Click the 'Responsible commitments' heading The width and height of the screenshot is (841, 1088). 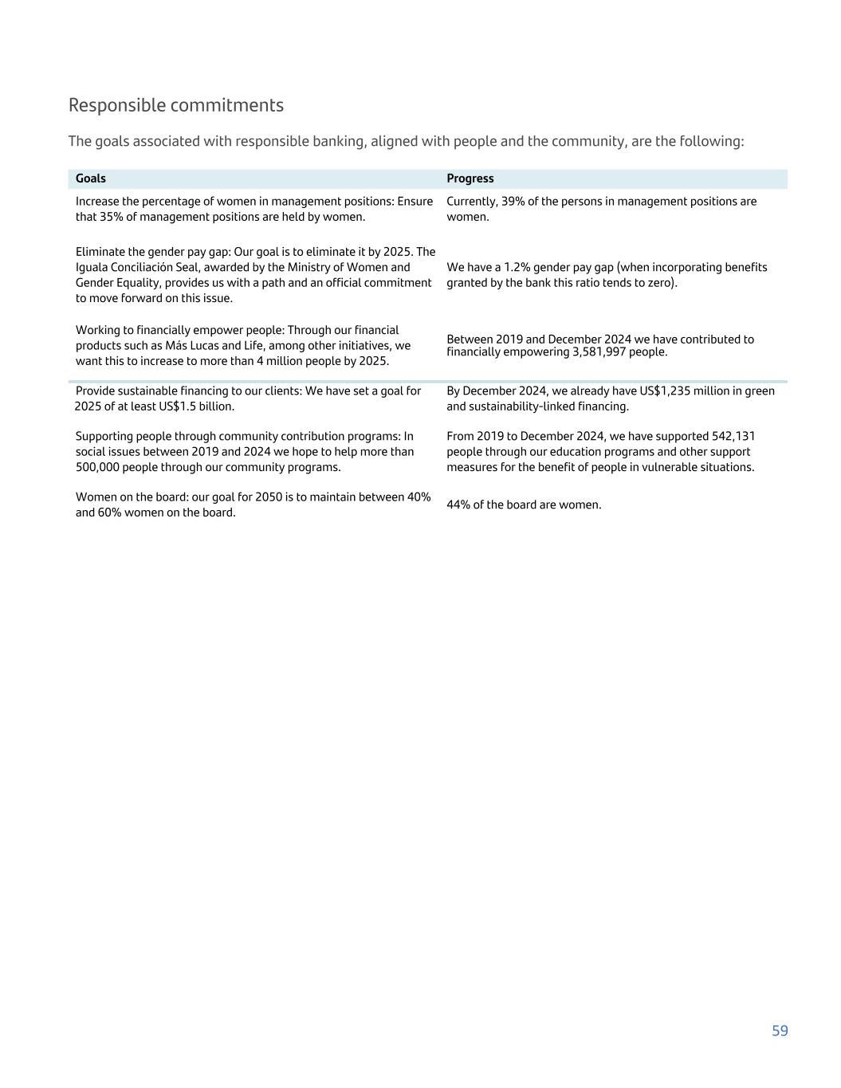point(175,105)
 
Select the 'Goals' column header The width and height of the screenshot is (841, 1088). point(91,179)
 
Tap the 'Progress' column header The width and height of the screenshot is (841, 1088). point(470,179)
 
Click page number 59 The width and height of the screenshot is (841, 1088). point(780,1031)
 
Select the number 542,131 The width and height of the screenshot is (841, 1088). point(733,437)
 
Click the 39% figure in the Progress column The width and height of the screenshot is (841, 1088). point(513,202)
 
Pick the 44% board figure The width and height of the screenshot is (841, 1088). point(458,505)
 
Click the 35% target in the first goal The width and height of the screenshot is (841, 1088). point(112,217)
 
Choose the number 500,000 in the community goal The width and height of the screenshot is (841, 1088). point(100,468)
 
